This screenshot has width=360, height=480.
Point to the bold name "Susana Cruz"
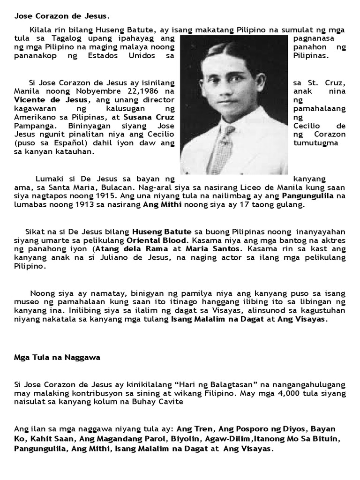[x=151, y=117]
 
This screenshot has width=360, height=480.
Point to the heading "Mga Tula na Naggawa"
[x=56, y=357]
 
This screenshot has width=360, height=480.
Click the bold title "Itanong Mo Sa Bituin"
[x=289, y=438]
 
